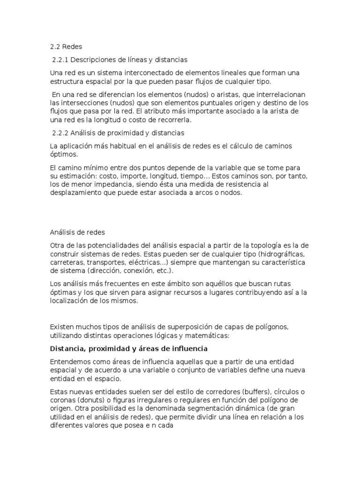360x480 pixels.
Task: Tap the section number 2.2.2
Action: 61,133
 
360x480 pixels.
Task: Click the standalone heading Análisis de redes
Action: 77,232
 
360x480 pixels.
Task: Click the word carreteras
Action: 68,262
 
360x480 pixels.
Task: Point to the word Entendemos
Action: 71,362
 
